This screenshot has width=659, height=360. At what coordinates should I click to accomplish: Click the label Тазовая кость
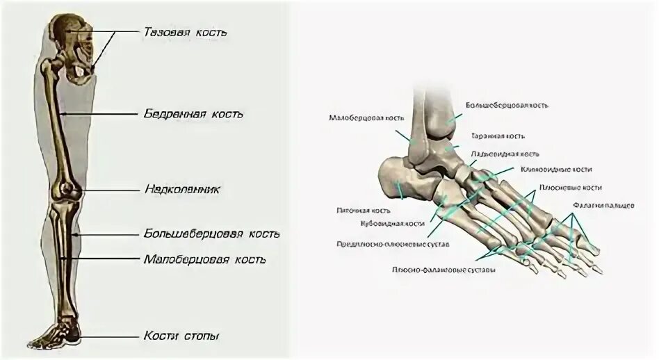tap(185, 33)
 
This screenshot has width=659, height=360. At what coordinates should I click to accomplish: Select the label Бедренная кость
tap(194, 113)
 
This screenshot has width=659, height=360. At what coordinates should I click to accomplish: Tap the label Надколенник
tap(183, 188)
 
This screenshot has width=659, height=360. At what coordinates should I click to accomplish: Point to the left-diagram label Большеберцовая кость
tap(212, 234)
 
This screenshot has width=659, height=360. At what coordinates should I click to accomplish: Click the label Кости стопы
tap(182, 336)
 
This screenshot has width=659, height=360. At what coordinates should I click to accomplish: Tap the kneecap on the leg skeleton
tap(66, 188)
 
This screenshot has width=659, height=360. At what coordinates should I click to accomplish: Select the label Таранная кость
tap(496, 136)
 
